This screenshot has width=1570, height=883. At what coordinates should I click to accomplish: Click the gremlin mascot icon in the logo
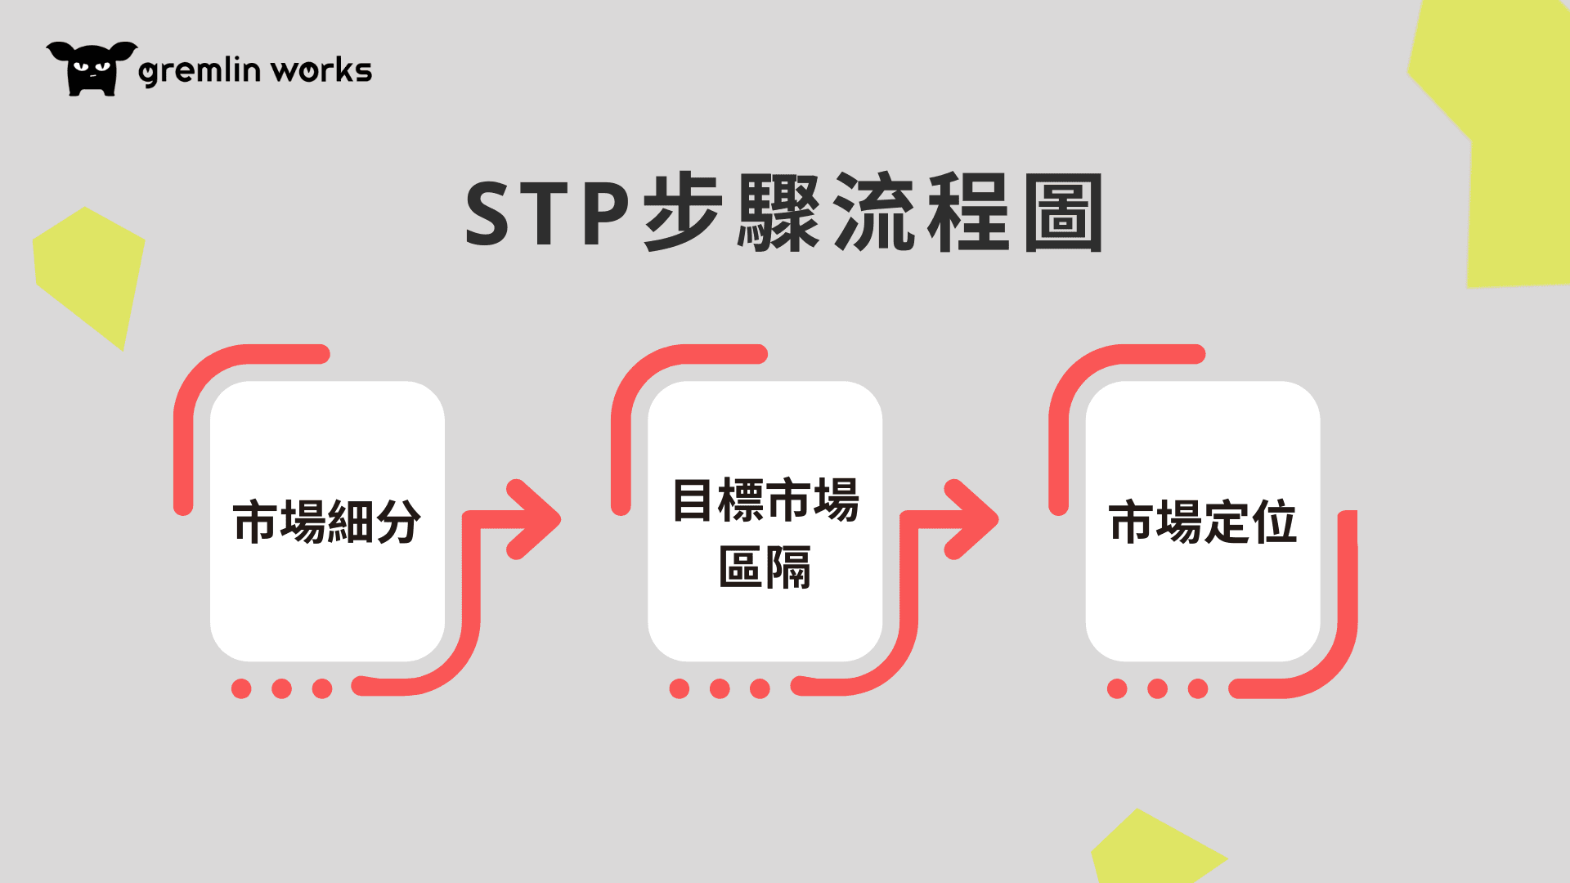click(x=92, y=69)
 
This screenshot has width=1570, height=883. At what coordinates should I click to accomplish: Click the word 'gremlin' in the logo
click(x=200, y=70)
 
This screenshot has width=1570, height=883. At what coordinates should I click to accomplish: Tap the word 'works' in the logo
click(x=321, y=70)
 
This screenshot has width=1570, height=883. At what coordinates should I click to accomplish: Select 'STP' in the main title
click(x=547, y=213)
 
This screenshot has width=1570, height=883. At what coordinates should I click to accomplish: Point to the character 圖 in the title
click(x=1063, y=213)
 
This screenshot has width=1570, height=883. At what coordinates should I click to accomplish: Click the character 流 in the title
click(x=874, y=213)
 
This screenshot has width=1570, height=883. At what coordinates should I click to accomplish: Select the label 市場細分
click(x=327, y=522)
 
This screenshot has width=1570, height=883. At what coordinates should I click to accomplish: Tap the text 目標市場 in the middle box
click(x=765, y=500)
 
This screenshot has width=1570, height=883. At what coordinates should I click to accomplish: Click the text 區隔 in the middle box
click(x=765, y=567)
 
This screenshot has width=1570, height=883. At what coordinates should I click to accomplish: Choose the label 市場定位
click(x=1203, y=522)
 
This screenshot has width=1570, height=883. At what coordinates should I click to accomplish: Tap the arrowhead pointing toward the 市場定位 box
click(x=971, y=519)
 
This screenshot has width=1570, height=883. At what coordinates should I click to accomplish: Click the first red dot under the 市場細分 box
click(x=241, y=688)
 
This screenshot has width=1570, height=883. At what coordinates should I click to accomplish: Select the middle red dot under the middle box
click(x=720, y=688)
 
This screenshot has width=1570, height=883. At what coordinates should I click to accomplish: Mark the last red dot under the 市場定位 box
click(x=1198, y=688)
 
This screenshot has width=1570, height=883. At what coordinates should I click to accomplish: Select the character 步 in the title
click(x=684, y=213)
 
